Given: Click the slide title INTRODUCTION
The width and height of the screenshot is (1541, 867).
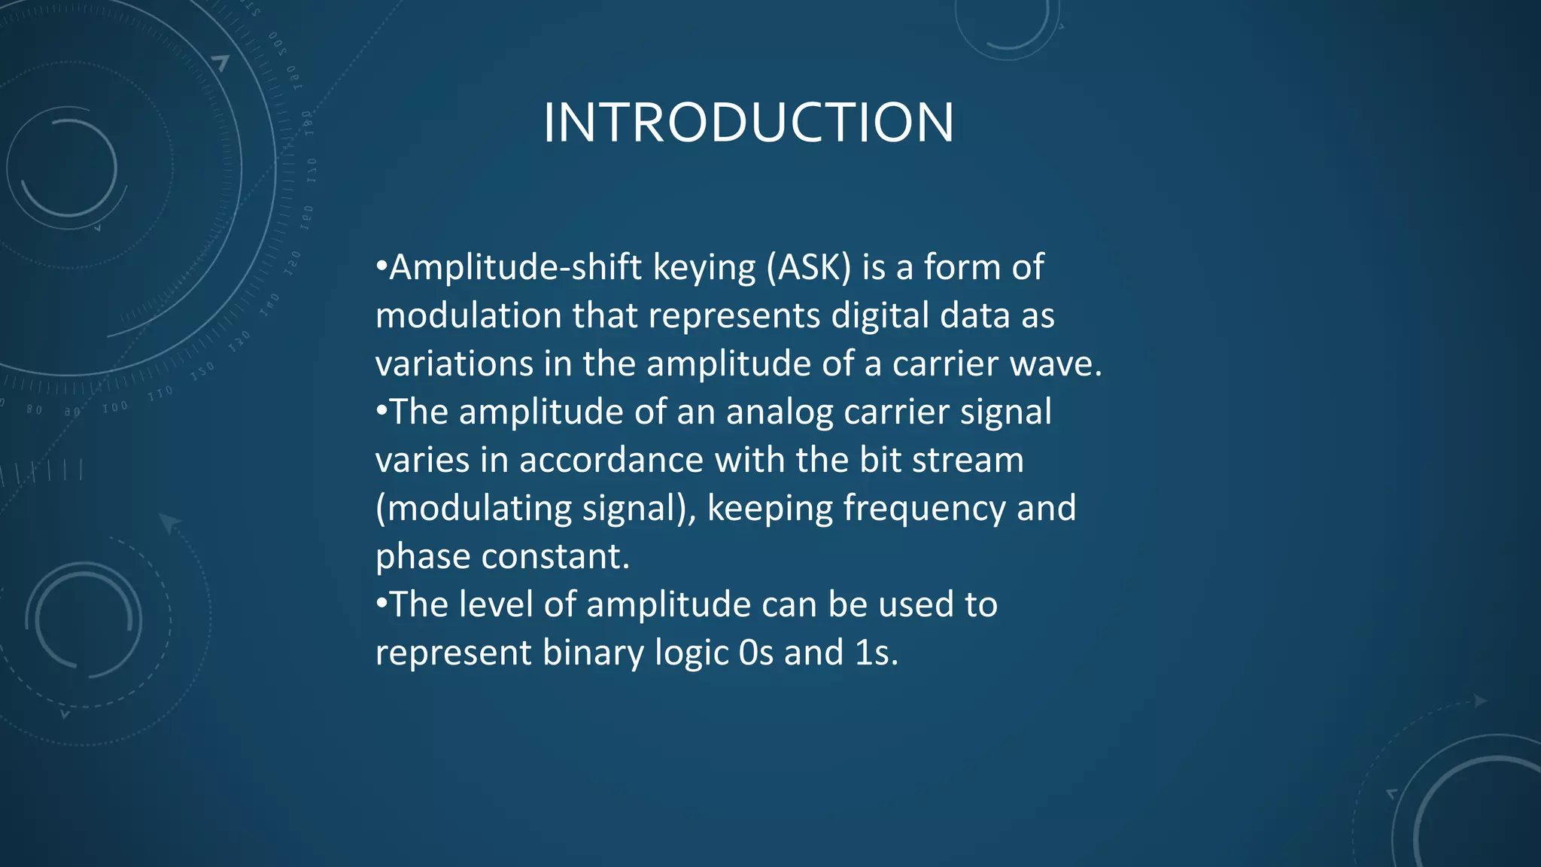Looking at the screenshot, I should pos(749,123).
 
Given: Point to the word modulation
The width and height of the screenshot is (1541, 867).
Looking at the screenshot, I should pos(468,315).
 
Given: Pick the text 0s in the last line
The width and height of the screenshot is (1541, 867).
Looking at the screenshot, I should pos(755,653).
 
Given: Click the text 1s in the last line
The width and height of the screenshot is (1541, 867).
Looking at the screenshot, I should pos(875,653).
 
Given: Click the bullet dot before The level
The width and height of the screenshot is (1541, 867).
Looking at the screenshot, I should pos(381,603).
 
